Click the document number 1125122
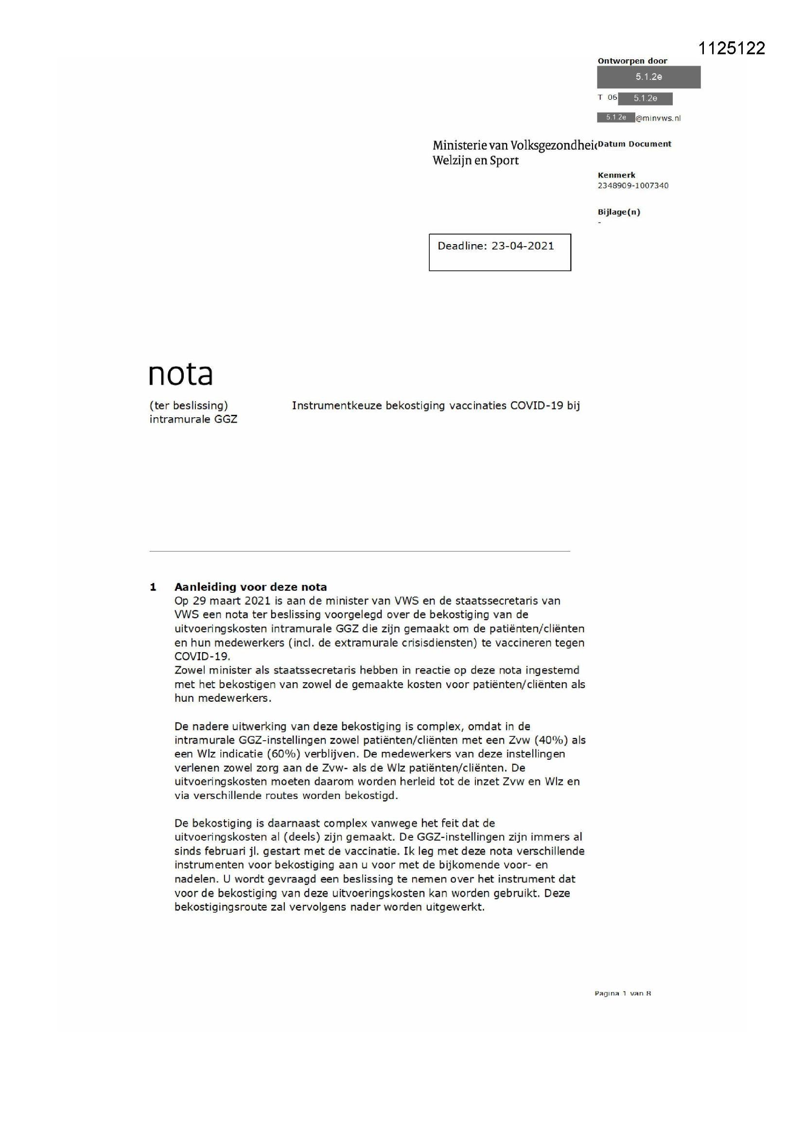731,48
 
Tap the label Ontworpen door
632,61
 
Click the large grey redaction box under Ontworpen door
648,77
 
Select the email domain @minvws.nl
658,118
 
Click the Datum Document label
634,144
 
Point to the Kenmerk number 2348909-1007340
633,186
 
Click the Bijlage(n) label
619,212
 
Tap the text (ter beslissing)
189,406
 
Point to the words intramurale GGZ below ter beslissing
193,419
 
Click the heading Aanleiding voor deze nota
250,587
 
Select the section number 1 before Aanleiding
153,587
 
